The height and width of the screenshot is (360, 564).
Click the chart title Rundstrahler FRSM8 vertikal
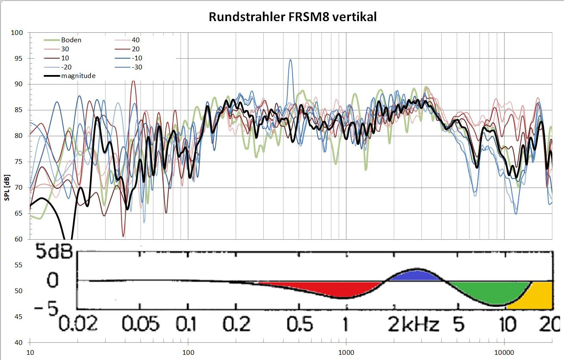pos(293,17)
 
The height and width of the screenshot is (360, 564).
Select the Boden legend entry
pos(71,40)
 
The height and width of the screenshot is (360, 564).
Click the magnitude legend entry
pos(78,76)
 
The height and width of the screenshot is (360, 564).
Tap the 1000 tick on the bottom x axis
pos(346,352)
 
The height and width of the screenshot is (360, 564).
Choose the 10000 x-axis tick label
pos(504,352)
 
